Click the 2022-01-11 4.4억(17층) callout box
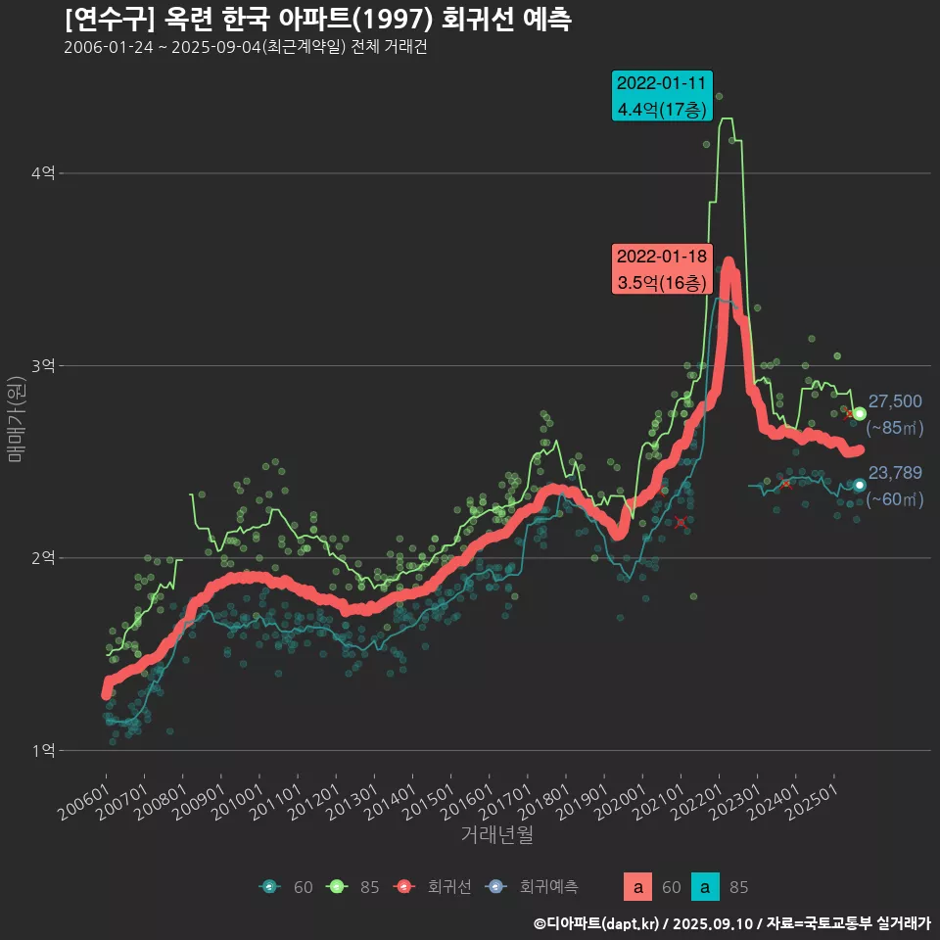pyautogui.click(x=661, y=96)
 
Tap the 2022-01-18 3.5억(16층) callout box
pyautogui.click(x=661, y=269)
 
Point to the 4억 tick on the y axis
pyautogui.click(x=43, y=173)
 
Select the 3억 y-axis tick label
pyautogui.click(x=43, y=366)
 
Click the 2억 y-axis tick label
pyautogui.click(x=43, y=558)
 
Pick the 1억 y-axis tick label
pyautogui.click(x=43, y=751)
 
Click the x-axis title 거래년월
pyautogui.click(x=496, y=835)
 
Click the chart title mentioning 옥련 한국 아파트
pyautogui.click(x=318, y=19)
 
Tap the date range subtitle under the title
pyautogui.click(x=245, y=47)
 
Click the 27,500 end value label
pyautogui.click(x=895, y=401)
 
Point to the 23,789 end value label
pyautogui.click(x=895, y=473)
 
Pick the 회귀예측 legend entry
pyautogui.click(x=537, y=887)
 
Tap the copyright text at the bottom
pyautogui.click(x=731, y=922)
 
